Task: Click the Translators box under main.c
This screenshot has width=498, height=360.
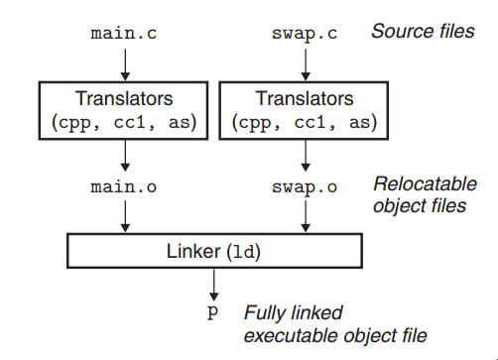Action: click(124, 109)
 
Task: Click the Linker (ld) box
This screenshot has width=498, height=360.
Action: click(212, 251)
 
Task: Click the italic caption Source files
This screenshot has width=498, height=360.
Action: click(423, 31)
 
